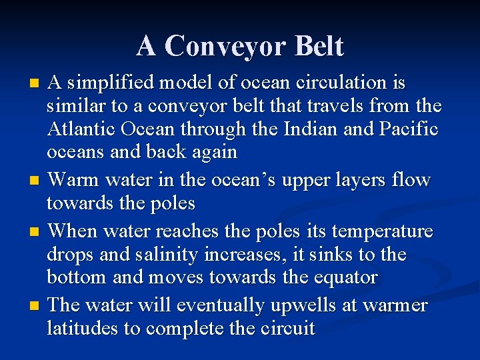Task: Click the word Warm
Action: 73,180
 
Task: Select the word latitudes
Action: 79,329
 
